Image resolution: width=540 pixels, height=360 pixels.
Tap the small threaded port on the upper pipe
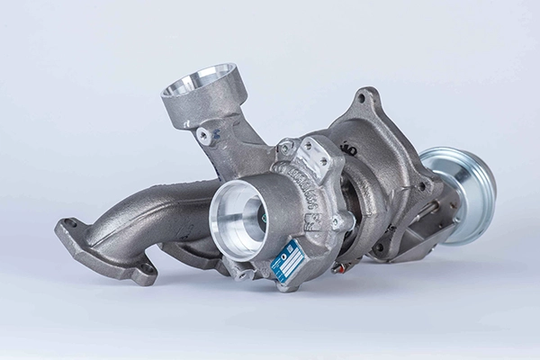point(206,135)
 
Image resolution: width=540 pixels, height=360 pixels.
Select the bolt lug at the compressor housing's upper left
point(285,147)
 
